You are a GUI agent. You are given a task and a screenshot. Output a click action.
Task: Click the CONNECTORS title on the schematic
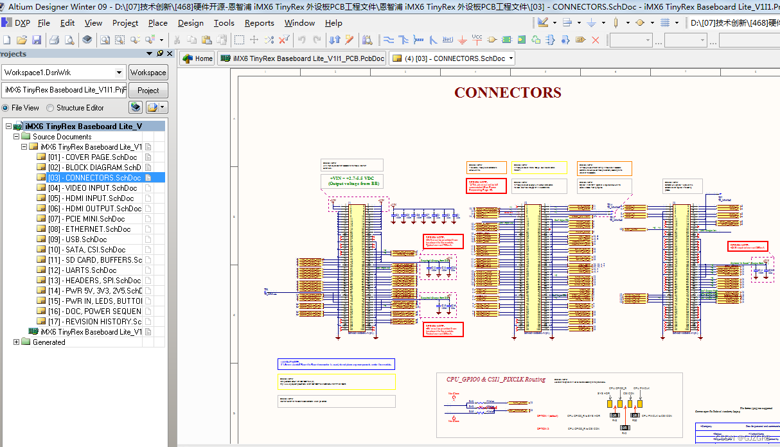point(508,92)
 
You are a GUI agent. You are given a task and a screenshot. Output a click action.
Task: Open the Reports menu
point(259,22)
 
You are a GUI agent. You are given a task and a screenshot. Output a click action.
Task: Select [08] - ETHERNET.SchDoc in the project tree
point(89,229)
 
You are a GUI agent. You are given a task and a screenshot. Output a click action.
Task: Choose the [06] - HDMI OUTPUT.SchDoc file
point(94,209)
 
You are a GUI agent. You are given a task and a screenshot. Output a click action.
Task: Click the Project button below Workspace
point(148,91)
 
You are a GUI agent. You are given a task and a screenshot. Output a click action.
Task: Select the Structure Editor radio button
point(51,108)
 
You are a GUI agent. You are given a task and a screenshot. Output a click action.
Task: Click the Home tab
point(197,58)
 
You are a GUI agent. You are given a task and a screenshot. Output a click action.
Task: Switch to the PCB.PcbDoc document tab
point(302,58)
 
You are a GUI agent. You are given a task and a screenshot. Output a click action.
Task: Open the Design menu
point(190,22)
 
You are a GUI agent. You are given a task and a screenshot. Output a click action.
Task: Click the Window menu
point(299,22)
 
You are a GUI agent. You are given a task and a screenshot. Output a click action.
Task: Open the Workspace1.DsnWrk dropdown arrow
point(119,73)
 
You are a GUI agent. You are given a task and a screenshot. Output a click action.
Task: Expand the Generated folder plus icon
point(16,342)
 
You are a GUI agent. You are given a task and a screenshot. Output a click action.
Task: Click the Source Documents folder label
point(62,137)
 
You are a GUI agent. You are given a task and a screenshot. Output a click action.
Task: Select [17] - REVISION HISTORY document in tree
point(94,322)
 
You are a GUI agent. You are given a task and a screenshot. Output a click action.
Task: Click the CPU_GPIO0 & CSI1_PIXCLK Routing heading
point(495,379)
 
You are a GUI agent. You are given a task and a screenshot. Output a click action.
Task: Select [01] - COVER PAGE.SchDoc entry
point(92,157)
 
